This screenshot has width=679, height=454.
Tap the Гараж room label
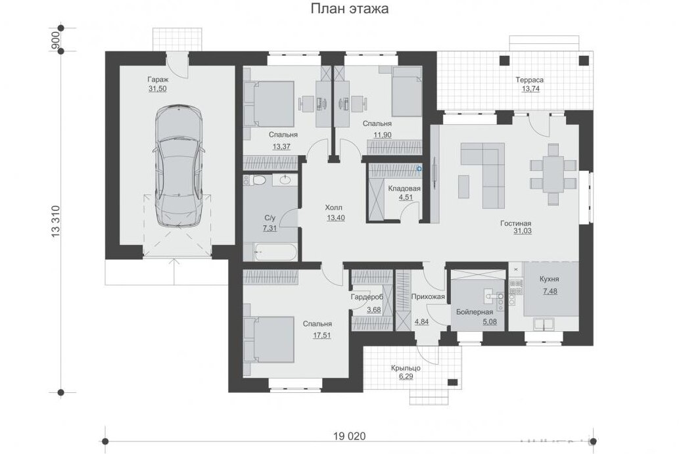pos(158,79)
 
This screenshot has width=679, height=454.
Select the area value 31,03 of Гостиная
pos(523,231)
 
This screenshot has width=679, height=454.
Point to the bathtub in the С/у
pos(275,252)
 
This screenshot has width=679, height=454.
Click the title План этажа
pos(350,9)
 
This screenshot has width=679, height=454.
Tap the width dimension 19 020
pos(350,436)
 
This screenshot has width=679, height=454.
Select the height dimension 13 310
pos(55,221)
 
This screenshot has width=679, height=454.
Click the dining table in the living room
pos(553,174)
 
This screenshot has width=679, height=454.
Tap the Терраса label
pos(529,80)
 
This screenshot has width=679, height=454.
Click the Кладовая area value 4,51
pos(406,197)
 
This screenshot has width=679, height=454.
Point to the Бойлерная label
pos(475,312)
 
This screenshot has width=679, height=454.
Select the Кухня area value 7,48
pos(550,291)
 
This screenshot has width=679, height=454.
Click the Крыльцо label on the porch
pos(406,368)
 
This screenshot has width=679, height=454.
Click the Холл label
pos(333,208)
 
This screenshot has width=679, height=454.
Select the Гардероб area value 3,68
pos(374,310)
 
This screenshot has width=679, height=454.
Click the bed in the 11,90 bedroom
pos(407,92)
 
